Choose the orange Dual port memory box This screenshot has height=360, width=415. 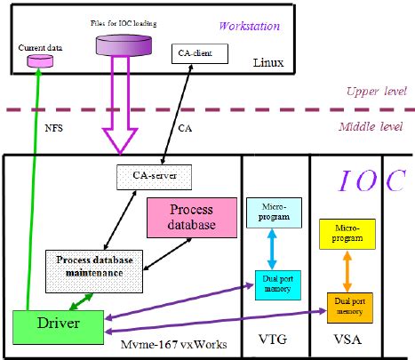(x=347, y=307)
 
